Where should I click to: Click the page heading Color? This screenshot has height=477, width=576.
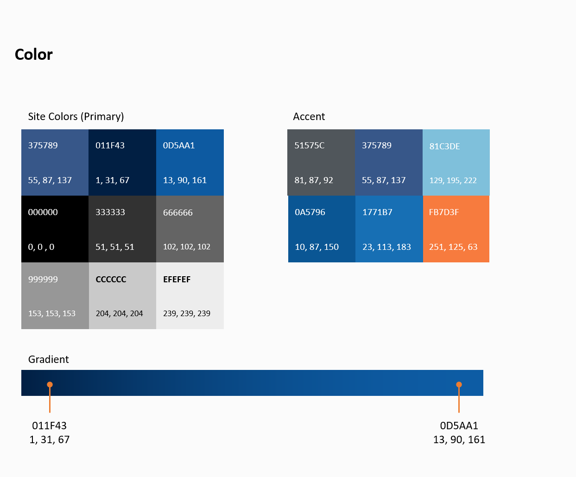pos(34,55)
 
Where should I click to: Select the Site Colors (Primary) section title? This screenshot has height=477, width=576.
pos(76,116)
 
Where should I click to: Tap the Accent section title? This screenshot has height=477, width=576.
pos(309,116)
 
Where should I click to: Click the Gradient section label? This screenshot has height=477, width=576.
pos(49,359)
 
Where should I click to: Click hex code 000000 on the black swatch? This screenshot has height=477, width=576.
pos(43,212)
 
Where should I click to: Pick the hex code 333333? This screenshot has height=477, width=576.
pos(110,212)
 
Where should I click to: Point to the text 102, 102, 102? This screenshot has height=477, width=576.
pos(187,247)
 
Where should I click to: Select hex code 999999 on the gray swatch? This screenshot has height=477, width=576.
pos(43,279)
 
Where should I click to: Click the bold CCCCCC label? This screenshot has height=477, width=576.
pos(111,279)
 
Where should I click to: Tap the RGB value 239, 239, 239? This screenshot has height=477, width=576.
pos(187,313)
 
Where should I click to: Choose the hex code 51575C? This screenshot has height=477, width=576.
pos(310,146)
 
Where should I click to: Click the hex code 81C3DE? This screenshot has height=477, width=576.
pos(445,146)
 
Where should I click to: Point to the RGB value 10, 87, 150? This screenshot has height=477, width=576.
pos(317,247)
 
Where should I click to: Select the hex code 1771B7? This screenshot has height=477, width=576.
pos(377,212)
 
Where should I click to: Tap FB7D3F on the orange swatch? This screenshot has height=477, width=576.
pos(444,212)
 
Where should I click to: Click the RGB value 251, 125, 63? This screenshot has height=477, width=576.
pos(453,247)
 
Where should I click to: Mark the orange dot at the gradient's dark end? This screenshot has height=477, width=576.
pos(50,384)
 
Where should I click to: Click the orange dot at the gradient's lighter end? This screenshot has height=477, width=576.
pos(459,384)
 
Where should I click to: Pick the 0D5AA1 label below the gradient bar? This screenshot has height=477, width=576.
pos(459,426)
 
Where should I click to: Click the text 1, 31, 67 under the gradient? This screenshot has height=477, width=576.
pos(50,439)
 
